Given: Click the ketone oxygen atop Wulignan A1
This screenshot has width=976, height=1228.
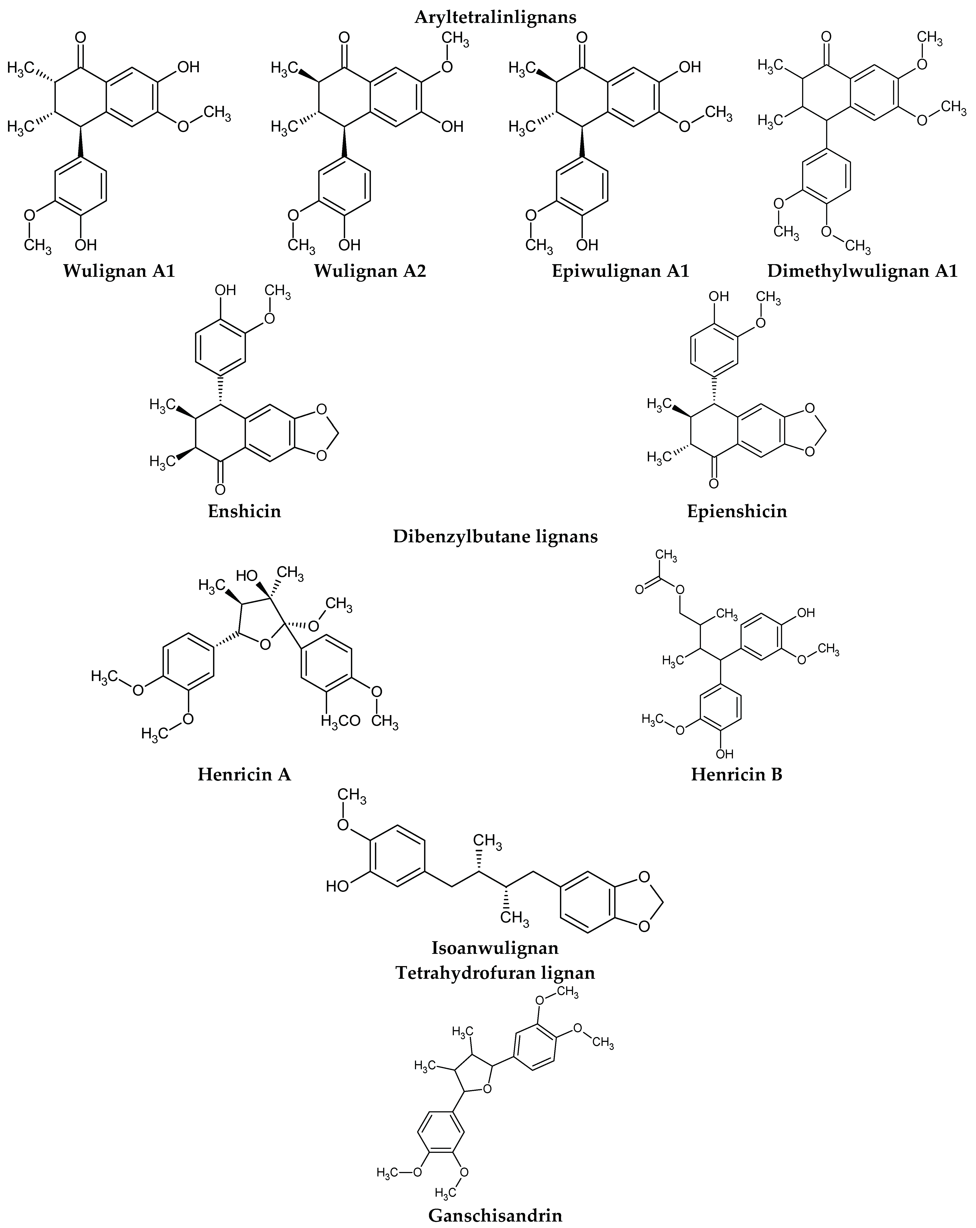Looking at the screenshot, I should [x=80, y=39].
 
